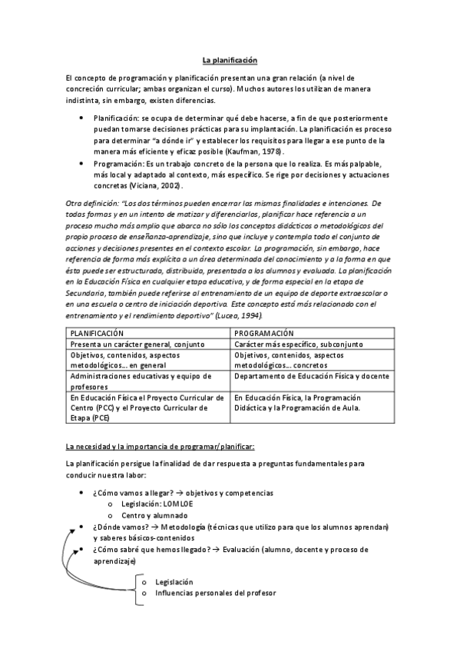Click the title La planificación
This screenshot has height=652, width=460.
coord(229,60)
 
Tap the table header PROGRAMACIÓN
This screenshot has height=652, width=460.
coord(263,333)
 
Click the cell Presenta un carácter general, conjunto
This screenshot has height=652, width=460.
coord(135,344)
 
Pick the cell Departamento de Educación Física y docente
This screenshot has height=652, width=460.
coord(312,377)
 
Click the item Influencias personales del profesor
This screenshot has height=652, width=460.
coord(215,593)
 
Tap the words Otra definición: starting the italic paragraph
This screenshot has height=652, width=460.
coord(92,203)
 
